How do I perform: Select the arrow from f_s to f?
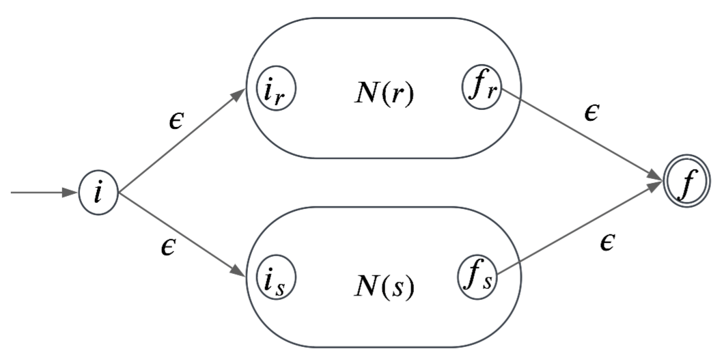click(x=581, y=230)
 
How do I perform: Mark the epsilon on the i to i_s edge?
click(x=168, y=246)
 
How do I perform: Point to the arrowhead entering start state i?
click(x=71, y=193)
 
